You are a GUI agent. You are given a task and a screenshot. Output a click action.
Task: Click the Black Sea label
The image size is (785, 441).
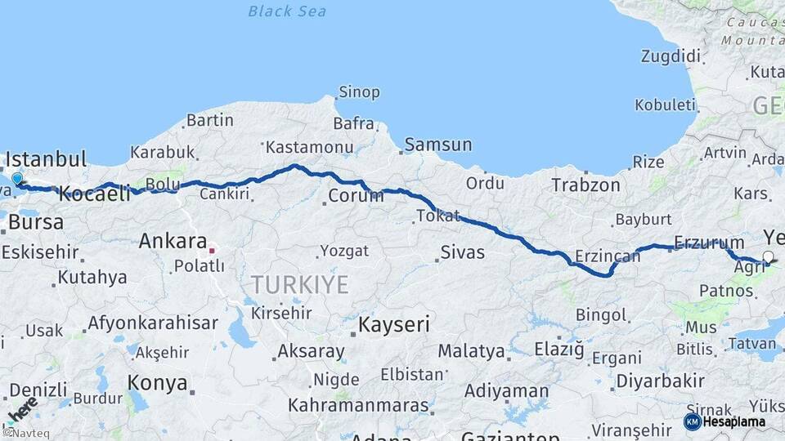(286, 11)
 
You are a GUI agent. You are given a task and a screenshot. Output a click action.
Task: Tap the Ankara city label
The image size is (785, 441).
(172, 241)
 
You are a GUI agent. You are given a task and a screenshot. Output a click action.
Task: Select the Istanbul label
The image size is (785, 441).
(46, 158)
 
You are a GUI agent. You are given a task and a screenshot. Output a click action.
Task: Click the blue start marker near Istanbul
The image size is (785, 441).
(17, 179)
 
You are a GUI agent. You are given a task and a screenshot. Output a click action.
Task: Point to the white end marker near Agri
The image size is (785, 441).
(767, 257)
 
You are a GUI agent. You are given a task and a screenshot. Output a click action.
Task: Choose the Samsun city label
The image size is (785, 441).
(438, 145)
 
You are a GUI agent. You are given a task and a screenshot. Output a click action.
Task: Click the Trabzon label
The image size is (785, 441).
(585, 185)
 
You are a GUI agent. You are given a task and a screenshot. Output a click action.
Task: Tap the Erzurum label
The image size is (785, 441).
(709, 243)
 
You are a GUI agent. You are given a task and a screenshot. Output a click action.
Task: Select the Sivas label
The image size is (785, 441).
(462, 253)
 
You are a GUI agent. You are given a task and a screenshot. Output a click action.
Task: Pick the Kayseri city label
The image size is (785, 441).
(394, 324)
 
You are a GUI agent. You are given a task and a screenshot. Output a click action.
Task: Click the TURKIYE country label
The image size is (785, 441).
(299, 284)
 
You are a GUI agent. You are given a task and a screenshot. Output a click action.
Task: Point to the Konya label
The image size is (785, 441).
(157, 382)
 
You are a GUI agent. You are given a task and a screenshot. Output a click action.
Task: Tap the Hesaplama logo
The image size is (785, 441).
(724, 421)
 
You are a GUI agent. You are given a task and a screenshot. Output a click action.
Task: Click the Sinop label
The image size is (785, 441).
(359, 92)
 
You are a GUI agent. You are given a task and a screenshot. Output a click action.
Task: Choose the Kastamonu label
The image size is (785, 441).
(309, 148)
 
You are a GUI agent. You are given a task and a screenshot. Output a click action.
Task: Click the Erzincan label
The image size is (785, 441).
(608, 256)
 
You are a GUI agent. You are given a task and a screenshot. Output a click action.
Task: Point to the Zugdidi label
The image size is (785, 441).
(671, 56)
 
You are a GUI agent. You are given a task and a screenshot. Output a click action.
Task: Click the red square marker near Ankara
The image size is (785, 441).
(212, 251)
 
